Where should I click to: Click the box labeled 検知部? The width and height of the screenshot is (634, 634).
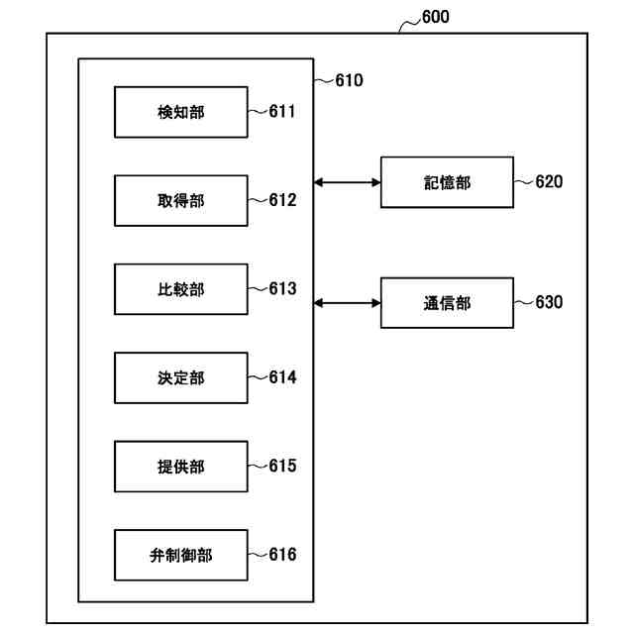(181, 112)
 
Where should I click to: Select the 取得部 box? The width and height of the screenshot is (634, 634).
(181, 200)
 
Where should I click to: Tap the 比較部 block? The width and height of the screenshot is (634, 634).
(181, 289)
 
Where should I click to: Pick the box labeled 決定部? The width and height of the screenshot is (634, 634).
(181, 377)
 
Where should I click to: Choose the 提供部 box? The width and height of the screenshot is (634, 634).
(181, 466)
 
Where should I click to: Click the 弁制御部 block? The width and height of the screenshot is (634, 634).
(181, 555)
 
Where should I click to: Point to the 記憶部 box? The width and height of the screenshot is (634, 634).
(447, 182)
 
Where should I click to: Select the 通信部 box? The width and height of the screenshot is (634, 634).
(447, 302)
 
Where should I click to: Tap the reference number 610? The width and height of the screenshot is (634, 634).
(349, 80)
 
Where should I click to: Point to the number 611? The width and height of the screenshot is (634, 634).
(282, 112)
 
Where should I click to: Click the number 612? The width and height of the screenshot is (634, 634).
(282, 200)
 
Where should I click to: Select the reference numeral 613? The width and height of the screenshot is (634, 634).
(282, 289)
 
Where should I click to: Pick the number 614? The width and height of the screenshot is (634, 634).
(282, 377)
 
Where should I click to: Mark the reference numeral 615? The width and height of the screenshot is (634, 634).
(282, 466)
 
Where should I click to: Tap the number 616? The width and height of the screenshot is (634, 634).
(282, 555)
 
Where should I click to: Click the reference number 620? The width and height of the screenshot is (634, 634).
(549, 182)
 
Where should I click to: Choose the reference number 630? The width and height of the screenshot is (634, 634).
(549, 302)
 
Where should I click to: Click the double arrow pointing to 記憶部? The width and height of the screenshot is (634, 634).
(348, 182)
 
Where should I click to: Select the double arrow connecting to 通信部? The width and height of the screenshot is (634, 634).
(348, 302)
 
